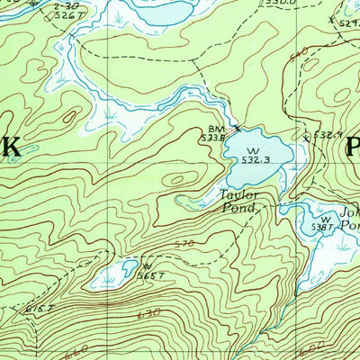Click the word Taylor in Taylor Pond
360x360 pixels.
click(x=240, y=194)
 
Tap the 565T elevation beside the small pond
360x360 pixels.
click(x=149, y=275)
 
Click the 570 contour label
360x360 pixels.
click(x=184, y=244)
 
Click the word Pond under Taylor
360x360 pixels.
click(x=239, y=208)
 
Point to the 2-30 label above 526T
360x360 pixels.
click(x=64, y=4)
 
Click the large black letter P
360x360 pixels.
click(x=351, y=145)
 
